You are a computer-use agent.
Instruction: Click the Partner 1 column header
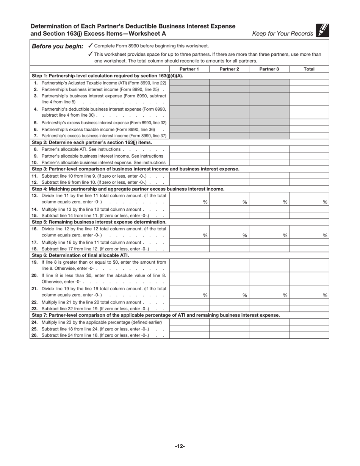tap(189, 69)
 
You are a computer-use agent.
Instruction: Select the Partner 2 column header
tap(229, 69)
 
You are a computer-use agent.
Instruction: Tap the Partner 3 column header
tap(269, 69)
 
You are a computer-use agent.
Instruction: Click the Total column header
tap(309, 69)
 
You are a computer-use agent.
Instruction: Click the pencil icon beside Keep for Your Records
tap(322, 31)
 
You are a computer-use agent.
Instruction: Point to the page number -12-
tap(180, 446)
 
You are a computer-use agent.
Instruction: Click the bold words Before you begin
tap(58, 46)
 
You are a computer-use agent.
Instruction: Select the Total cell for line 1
tap(309, 83)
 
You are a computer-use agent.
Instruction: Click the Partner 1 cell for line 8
tap(189, 149)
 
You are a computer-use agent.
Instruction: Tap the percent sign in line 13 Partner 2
tap(245, 202)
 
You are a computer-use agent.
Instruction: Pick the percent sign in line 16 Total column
tap(325, 236)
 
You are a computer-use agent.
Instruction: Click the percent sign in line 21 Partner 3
tap(285, 296)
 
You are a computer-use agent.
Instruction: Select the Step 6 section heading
tap(80, 255)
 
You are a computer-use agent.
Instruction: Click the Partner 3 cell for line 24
tap(269, 322)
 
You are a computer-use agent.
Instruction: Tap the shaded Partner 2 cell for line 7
tap(229, 136)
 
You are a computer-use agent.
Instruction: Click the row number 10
tap(34, 163)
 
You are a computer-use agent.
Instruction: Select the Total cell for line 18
tap(309, 249)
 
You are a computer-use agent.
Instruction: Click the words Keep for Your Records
tap(283, 34)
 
